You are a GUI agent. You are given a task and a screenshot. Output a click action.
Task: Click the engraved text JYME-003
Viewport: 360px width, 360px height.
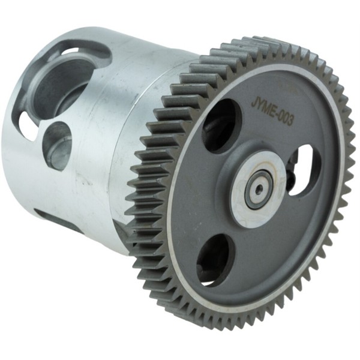pos(272,112)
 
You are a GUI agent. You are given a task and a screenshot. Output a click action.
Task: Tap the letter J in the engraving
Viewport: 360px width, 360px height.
pos(254,103)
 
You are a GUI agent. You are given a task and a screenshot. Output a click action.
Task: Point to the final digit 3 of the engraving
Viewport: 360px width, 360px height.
pos(290,121)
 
